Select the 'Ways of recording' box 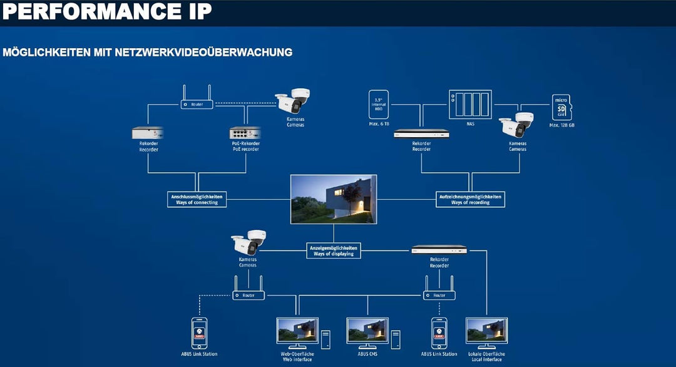pyautogui.click(x=470, y=199)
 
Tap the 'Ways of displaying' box pyautogui.click(x=333, y=250)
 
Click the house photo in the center pyautogui.click(x=333, y=199)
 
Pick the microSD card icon pyautogui.click(x=561, y=107)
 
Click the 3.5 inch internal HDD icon pyautogui.click(x=379, y=105)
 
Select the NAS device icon pyautogui.click(x=470, y=104)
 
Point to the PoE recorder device pyautogui.click(x=245, y=133)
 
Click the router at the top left pyautogui.click(x=197, y=103)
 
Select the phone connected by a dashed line pyautogui.click(x=199, y=333)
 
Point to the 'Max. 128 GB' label pyautogui.click(x=561, y=125)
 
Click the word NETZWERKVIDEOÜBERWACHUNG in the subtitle pyautogui.click(x=204, y=52)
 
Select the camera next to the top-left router pyautogui.click(x=292, y=100)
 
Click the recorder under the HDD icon pyautogui.click(x=421, y=133)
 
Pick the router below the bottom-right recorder pyautogui.click(x=439, y=294)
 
